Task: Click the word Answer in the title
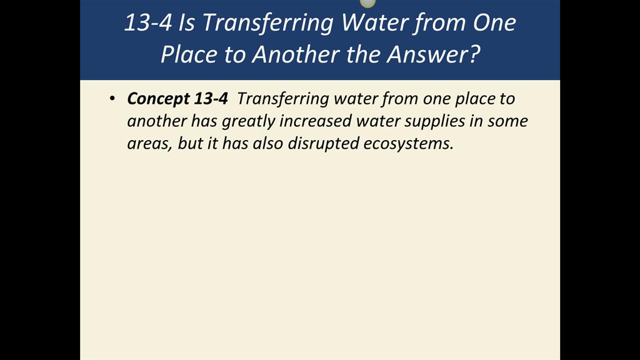pyautogui.click(x=433, y=54)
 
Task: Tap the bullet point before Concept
pyautogui.click(x=112, y=98)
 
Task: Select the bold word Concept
pyautogui.click(x=158, y=99)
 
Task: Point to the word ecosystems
pyautogui.click(x=409, y=143)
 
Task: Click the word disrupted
pyautogui.click(x=323, y=143)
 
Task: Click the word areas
pyautogui.click(x=149, y=144)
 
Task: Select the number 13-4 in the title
pyautogui.click(x=147, y=22)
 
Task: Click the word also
pyautogui.click(x=267, y=143)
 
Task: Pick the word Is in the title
pyautogui.click(x=186, y=23)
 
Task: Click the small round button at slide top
pyautogui.click(x=367, y=3)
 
